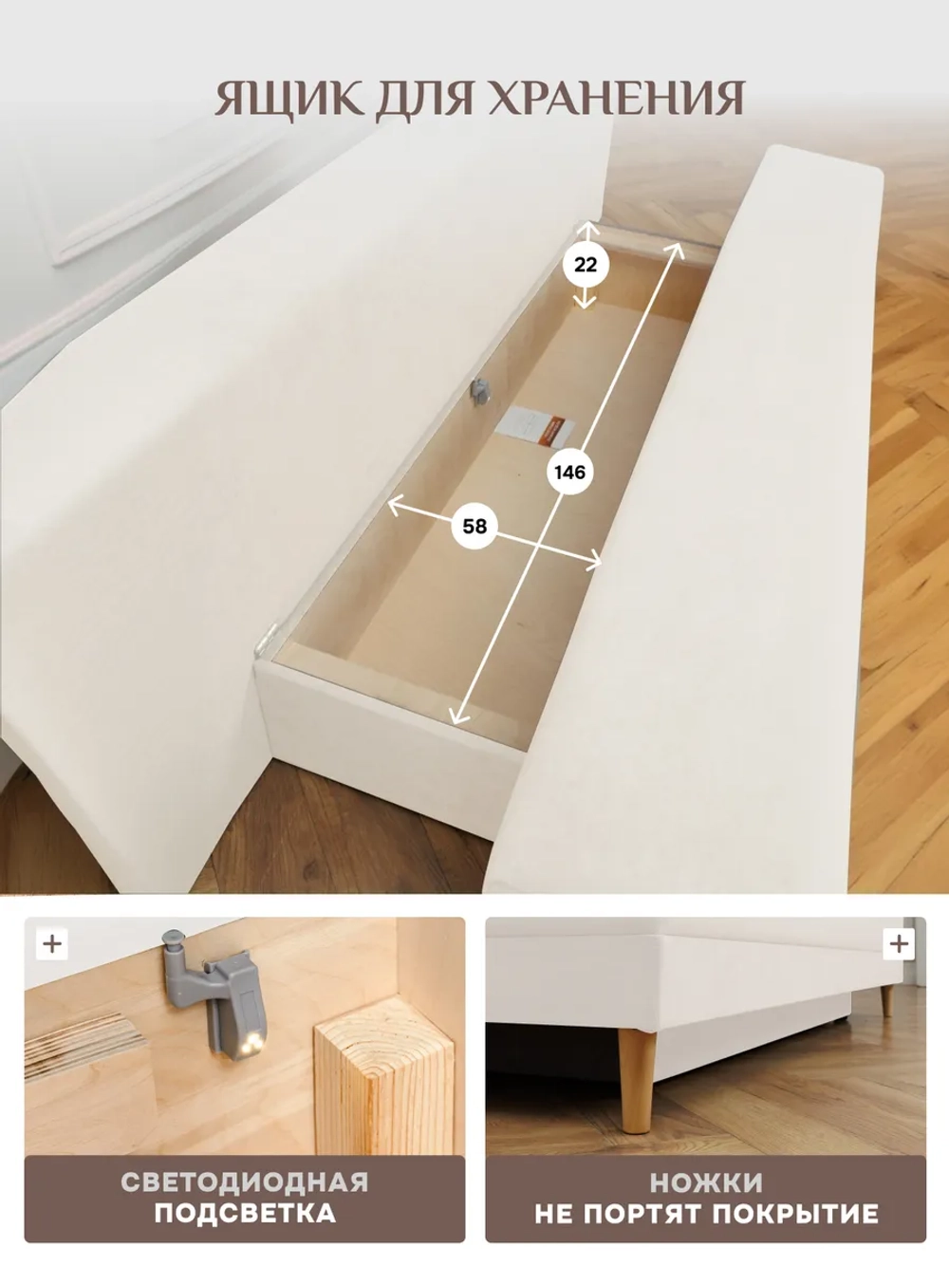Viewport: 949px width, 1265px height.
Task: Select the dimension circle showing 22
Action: (586, 265)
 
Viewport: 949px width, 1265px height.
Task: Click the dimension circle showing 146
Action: (569, 473)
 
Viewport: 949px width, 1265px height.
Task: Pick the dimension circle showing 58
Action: (474, 526)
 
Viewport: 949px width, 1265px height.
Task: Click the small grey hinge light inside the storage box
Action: (480, 391)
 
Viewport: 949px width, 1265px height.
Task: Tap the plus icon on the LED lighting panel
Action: (52, 944)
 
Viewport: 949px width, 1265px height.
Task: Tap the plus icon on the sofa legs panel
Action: (899, 944)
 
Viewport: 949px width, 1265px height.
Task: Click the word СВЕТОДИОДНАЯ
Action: (244, 1182)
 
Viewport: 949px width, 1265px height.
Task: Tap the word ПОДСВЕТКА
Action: (245, 1212)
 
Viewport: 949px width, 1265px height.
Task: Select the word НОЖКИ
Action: (706, 1182)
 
